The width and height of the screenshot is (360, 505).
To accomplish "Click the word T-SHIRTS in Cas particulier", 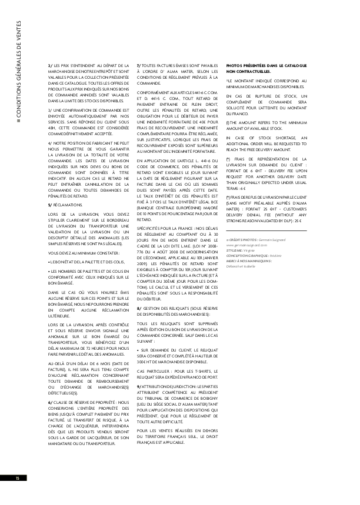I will pos(194,355).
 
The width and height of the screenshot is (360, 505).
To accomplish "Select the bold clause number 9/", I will pos(139,370).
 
